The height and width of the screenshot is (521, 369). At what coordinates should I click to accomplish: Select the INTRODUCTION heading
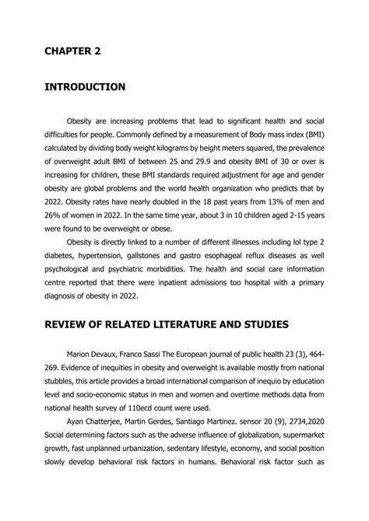(x=85, y=87)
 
